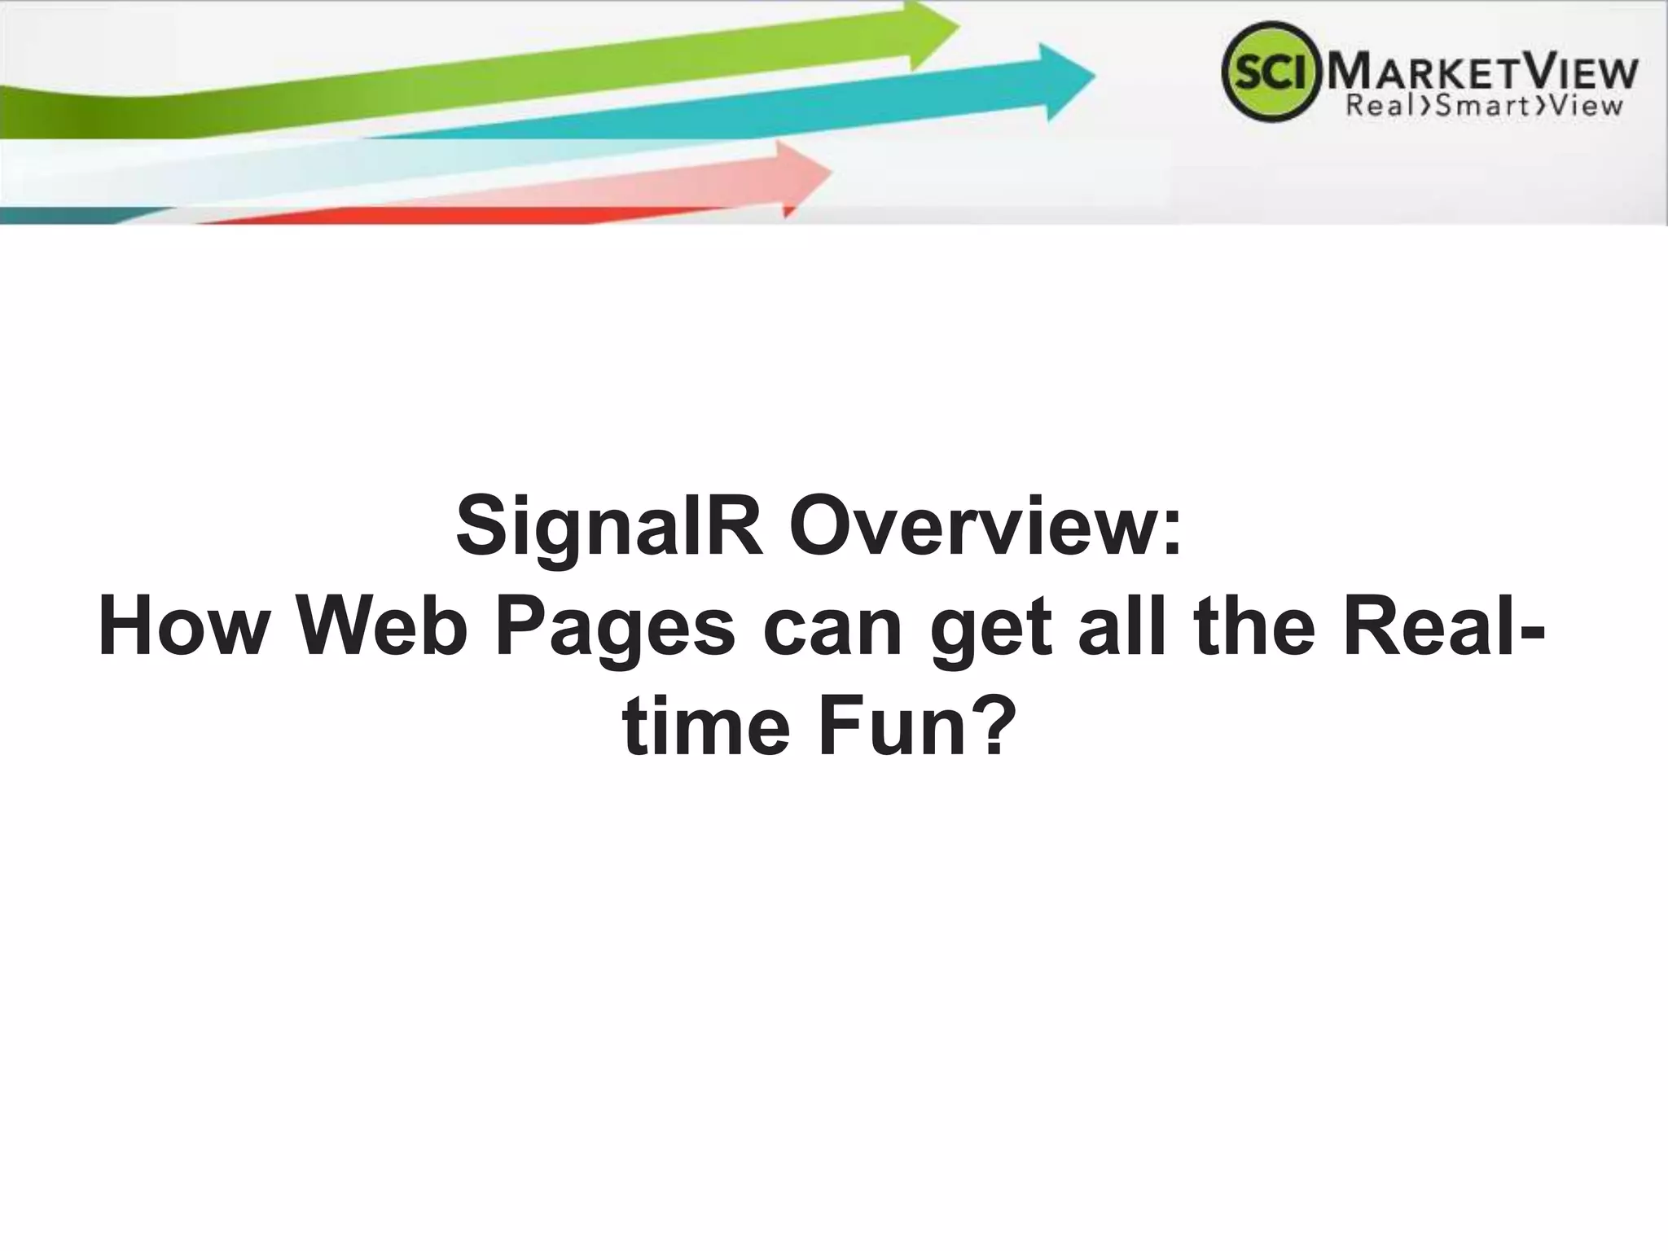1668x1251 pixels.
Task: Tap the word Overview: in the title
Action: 985,526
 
